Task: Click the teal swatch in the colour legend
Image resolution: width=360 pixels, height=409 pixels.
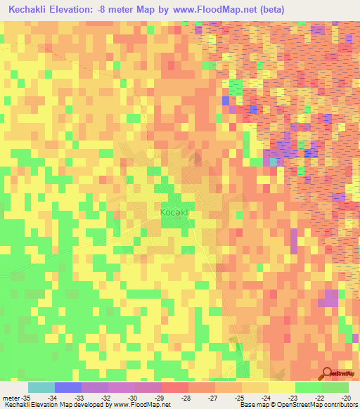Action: (x=41, y=387)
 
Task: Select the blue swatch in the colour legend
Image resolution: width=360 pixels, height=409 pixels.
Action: (x=68, y=387)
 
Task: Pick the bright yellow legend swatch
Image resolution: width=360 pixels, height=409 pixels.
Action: (x=282, y=387)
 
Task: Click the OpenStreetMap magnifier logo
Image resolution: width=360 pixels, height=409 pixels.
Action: (x=328, y=374)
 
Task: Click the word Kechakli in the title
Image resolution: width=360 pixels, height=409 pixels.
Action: (x=33, y=10)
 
